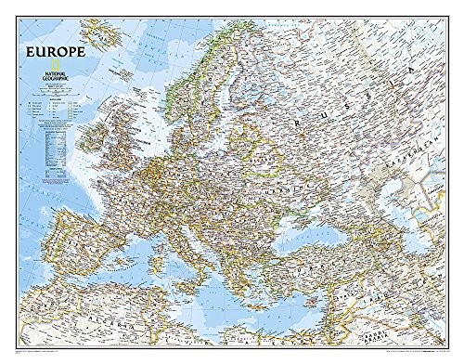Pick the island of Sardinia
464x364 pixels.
tap(154, 278)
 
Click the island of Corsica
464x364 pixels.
tap(157, 259)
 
